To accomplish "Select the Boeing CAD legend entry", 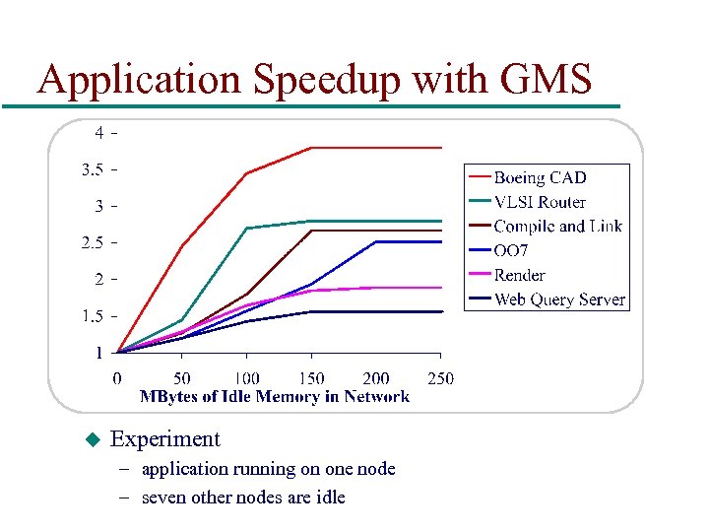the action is [x=540, y=177].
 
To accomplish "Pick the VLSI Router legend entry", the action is [x=540, y=202].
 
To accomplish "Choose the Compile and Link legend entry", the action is [x=557, y=227].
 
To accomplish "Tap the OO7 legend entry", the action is [x=511, y=251].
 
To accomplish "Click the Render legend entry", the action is [x=519, y=276].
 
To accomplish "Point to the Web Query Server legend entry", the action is [x=559, y=299].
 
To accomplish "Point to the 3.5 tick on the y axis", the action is [x=92, y=169].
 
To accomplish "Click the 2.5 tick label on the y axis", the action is [x=92, y=242].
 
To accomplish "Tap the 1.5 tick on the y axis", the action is [x=92, y=316].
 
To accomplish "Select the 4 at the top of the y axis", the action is [x=99, y=131].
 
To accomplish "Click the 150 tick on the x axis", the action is [x=311, y=378].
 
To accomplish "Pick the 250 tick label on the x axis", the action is [x=440, y=378].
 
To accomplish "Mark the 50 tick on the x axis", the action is [x=182, y=378].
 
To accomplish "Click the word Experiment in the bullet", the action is [x=165, y=439].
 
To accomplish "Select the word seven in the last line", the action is [x=163, y=497].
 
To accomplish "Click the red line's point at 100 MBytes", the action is [x=246, y=173].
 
